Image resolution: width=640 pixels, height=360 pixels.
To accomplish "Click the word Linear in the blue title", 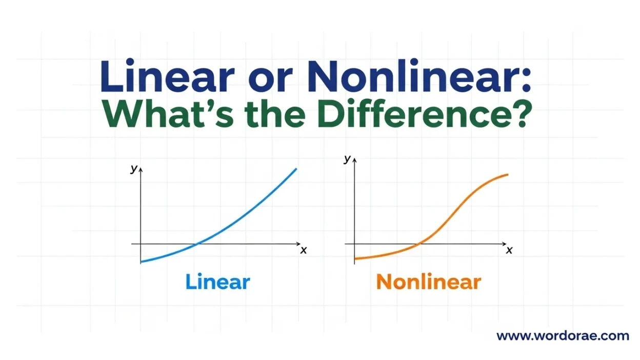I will click(x=167, y=76).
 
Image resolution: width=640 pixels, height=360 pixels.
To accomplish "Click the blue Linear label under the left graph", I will click(x=217, y=282).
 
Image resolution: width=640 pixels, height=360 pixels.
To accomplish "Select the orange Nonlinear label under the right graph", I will click(x=428, y=282).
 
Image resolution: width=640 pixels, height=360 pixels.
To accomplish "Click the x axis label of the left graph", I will click(x=304, y=250).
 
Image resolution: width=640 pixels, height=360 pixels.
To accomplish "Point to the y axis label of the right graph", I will click(x=347, y=159).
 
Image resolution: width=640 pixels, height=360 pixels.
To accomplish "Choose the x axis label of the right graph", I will click(x=509, y=250).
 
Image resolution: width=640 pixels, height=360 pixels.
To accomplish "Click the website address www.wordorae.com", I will click(x=563, y=336).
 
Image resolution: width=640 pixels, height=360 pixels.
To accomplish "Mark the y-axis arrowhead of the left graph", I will click(x=141, y=169).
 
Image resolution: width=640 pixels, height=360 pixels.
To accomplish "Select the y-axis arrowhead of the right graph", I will click(x=354, y=159).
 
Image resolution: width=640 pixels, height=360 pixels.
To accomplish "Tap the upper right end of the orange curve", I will click(x=507, y=175).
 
